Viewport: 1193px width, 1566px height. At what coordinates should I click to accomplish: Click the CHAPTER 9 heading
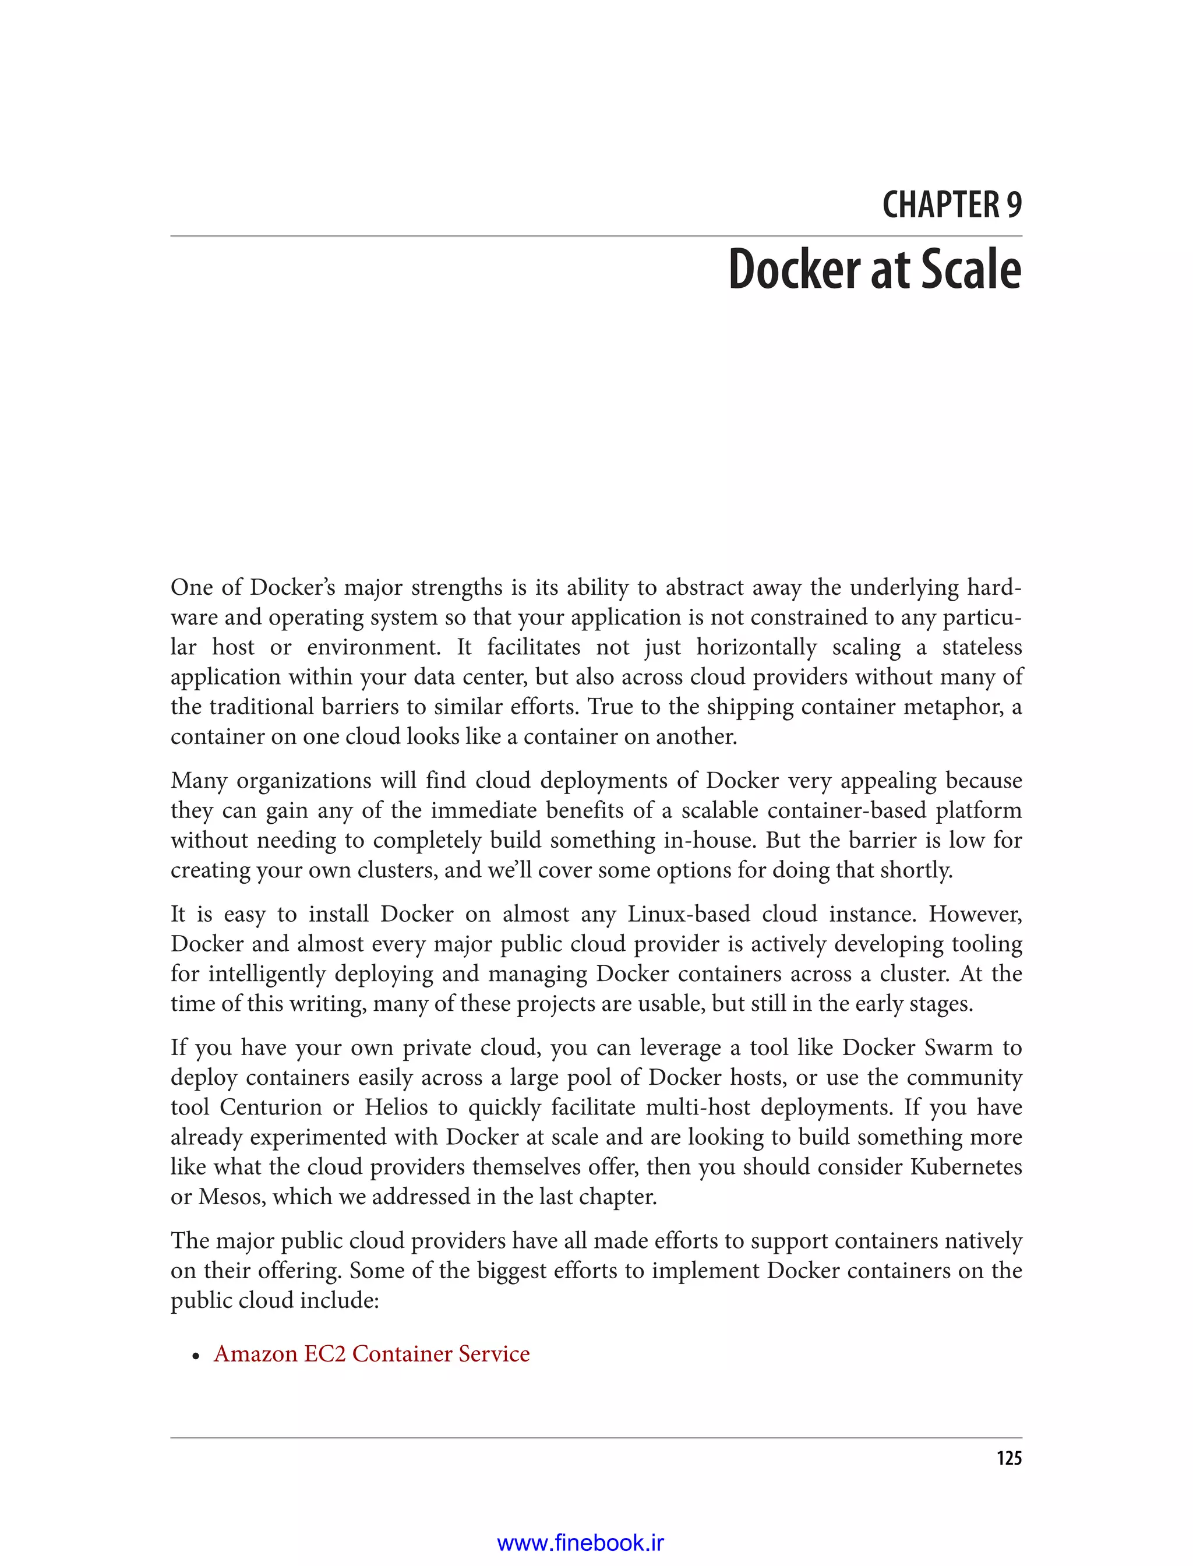pos(952,205)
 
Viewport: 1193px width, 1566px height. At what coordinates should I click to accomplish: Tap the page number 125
pos(1008,1458)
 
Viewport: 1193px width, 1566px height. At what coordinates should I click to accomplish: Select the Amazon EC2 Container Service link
pos(372,1354)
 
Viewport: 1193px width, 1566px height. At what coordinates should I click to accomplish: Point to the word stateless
pos(982,647)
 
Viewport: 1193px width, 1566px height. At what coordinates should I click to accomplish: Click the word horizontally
pos(756,647)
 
